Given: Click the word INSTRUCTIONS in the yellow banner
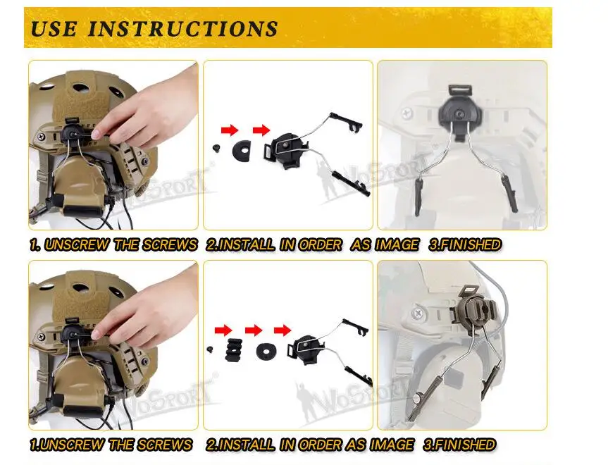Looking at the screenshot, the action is click(182, 29).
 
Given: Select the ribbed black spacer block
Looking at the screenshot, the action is click(235, 350).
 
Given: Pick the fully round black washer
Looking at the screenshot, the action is click(266, 351).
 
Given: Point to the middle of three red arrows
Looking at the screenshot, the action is click(254, 330).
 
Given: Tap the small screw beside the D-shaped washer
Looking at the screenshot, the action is click(216, 147).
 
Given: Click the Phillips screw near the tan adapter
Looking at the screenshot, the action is click(418, 312).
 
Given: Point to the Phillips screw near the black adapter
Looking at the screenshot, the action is click(407, 114).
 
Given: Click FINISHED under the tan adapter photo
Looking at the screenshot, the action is click(459, 445).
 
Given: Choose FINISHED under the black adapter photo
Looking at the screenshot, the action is click(465, 244).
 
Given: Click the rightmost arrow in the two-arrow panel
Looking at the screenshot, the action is click(261, 130).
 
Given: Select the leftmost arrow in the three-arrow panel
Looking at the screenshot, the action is click(223, 330).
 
